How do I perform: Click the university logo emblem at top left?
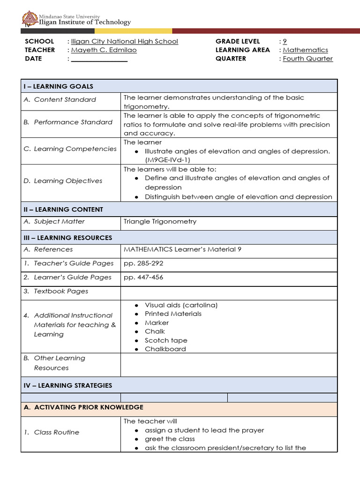pyautogui.click(x=30, y=19)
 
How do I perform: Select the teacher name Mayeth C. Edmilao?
pyautogui.click(x=104, y=50)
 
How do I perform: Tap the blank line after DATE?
pyautogui.click(x=99, y=59)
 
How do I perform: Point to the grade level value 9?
pyautogui.click(x=285, y=41)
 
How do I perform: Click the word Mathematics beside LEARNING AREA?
pyautogui.click(x=305, y=50)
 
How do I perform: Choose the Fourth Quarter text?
pyautogui.click(x=307, y=59)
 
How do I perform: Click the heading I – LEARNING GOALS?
pyautogui.click(x=59, y=86)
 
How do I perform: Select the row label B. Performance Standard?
pyautogui.click(x=68, y=122)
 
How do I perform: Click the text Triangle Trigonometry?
pyautogui.click(x=160, y=221)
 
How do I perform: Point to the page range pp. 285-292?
pyautogui.click(x=143, y=263)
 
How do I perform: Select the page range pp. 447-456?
pyautogui.click(x=143, y=277)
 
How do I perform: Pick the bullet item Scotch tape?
pyautogui.click(x=166, y=340)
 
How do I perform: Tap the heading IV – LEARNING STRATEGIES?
pyautogui.click(x=68, y=385)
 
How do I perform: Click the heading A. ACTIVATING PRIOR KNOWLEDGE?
pyautogui.click(x=83, y=407)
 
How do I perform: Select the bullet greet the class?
pyautogui.click(x=170, y=439)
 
